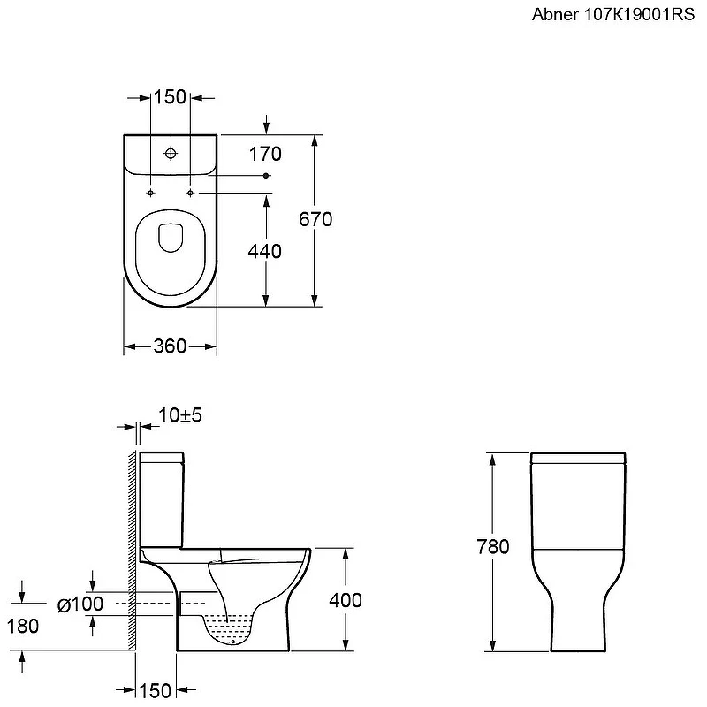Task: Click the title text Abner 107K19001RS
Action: point(612,14)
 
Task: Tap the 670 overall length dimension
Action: point(315,219)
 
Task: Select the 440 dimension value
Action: point(264,251)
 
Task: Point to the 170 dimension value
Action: point(265,154)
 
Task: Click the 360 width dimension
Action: point(170,346)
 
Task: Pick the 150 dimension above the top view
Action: point(170,97)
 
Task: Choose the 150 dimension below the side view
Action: point(156,691)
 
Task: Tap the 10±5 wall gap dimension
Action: point(180,415)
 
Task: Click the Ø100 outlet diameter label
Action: point(80,604)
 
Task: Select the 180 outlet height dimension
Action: point(23,627)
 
